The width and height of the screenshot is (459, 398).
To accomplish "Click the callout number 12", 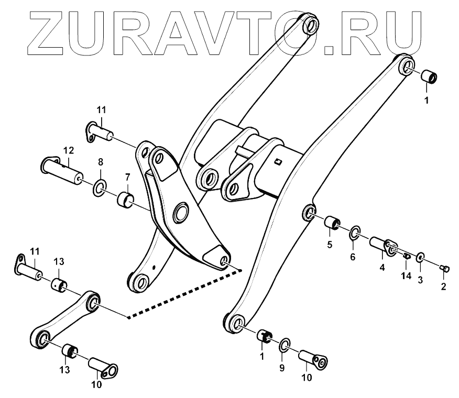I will coord(68,151).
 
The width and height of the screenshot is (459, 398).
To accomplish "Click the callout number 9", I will coord(281,368).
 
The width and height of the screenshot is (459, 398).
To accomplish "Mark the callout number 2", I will coord(443,286).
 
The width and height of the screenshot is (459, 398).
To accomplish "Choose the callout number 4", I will coord(382,267).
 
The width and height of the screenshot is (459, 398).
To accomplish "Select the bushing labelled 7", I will coord(126,200).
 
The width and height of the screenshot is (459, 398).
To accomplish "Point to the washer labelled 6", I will coord(355,231).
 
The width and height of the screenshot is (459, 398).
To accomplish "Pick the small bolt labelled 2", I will coord(445,269).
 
